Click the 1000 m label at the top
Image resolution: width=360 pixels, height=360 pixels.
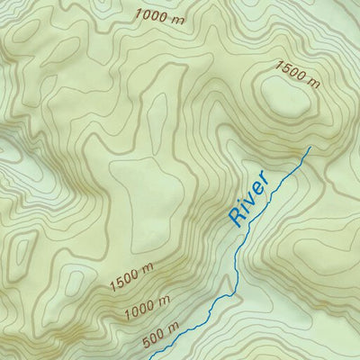point(163,14)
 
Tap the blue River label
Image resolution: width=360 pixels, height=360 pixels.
point(249,197)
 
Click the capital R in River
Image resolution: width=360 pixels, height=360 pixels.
point(237,216)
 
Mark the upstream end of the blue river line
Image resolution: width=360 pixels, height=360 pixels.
point(309,147)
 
